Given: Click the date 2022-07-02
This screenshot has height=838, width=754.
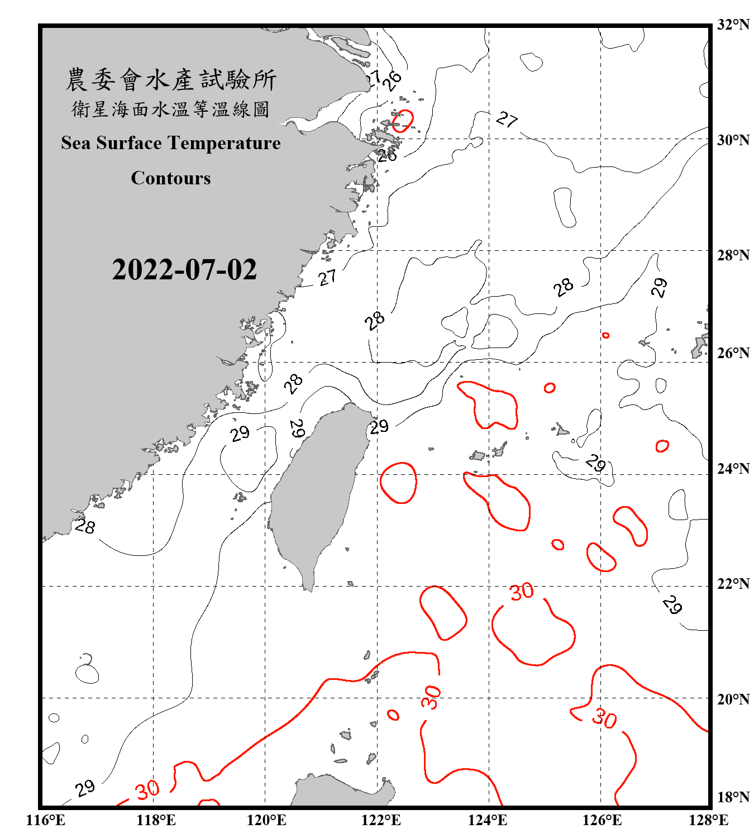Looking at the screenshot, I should point(184,270).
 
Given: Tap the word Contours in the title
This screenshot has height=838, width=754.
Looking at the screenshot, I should point(171,178).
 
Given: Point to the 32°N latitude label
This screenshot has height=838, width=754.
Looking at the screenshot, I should point(733,25).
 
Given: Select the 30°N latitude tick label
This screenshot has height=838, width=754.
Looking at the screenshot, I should point(733,140).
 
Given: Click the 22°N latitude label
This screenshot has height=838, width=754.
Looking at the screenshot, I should point(733,584).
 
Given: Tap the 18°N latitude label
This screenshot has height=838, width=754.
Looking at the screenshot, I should point(733,797).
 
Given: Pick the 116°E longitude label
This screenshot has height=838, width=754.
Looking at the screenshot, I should point(46,820).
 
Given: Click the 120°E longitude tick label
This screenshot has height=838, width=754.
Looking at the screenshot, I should point(266,820).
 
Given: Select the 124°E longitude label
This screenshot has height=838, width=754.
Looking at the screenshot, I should point(488,820).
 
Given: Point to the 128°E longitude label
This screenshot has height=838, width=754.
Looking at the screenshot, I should point(708,820).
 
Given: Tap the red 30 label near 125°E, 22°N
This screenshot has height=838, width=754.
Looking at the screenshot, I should point(522,592).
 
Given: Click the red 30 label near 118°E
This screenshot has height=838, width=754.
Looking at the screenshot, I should point(147,790).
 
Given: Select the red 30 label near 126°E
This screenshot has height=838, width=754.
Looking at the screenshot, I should point(604,718).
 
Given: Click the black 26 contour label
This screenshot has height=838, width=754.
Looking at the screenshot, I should point(393,81).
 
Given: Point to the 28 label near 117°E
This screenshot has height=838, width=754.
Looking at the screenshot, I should point(85,526).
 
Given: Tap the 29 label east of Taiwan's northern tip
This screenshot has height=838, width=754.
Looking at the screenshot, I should point(379,427).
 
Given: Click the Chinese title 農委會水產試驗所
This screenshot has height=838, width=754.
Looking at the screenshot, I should point(171,80).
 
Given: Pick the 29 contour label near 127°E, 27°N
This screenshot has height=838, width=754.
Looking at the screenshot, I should point(660,287).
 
